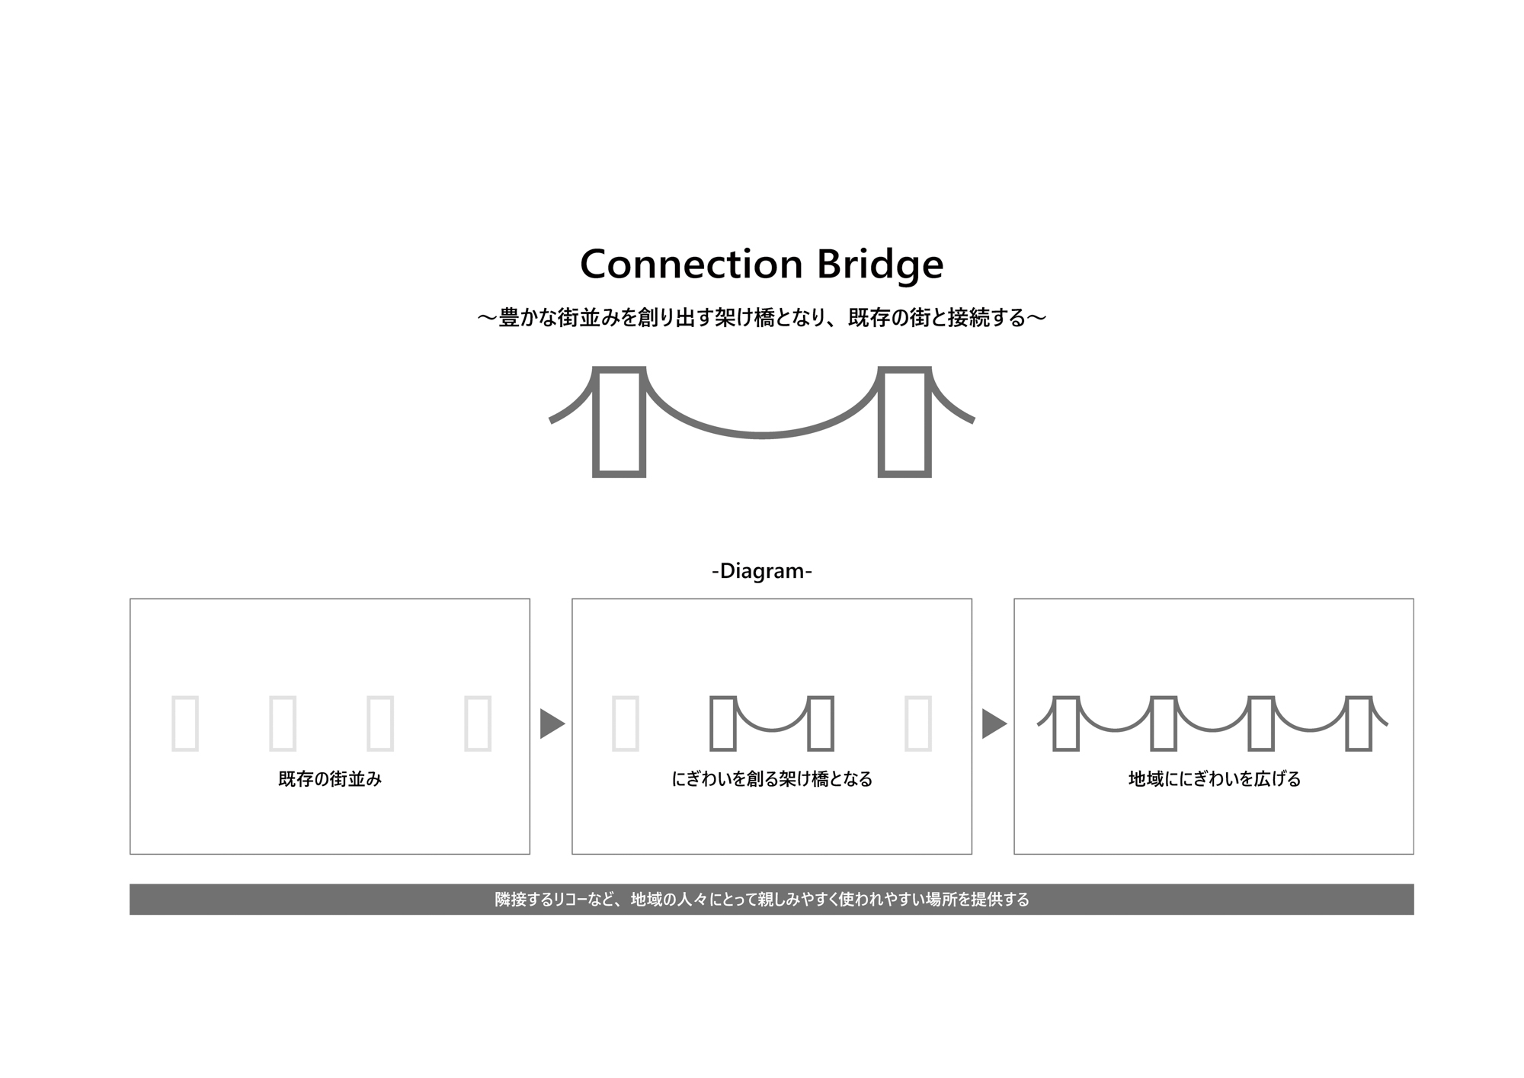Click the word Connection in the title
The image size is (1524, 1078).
[x=691, y=265]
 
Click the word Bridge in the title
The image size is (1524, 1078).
[x=880, y=265]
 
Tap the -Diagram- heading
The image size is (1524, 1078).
[x=762, y=570]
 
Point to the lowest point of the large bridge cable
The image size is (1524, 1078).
[x=762, y=435]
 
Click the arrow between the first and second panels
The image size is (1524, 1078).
[x=551, y=723]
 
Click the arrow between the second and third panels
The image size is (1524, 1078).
[x=993, y=723]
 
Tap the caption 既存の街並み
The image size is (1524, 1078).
[x=330, y=779]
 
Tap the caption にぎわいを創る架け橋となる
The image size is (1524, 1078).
[x=772, y=779]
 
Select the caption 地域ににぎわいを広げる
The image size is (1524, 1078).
[x=1214, y=779]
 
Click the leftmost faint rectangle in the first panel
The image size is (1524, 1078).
[x=185, y=723]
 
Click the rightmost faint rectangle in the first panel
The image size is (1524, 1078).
[x=478, y=723]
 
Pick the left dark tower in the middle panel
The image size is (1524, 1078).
[x=723, y=723]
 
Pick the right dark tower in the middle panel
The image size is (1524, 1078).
[x=821, y=723]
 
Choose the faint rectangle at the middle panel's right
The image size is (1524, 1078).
[x=918, y=723]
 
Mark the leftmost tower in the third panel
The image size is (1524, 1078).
[x=1066, y=723]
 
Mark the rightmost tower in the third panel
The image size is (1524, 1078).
[x=1359, y=723]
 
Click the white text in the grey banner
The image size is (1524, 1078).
[x=762, y=900]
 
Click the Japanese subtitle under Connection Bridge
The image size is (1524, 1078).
[x=762, y=318]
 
